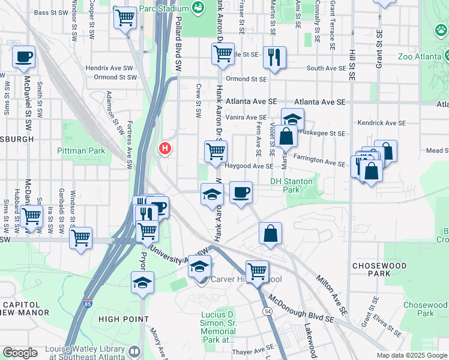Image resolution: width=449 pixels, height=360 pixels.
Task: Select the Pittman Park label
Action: click(81, 151)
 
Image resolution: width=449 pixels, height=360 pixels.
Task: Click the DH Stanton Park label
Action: click(292, 185)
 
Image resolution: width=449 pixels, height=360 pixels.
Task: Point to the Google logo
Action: click(20, 353)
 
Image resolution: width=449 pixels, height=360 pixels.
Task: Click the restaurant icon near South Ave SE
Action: click(274, 58)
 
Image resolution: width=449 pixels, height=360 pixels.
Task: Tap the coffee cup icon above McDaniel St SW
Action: click(24, 58)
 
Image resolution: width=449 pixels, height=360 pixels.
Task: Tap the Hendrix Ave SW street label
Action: click(112, 68)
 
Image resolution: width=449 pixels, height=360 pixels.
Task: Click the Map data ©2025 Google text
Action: click(412, 355)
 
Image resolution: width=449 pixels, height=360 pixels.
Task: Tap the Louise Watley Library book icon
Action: click(135, 352)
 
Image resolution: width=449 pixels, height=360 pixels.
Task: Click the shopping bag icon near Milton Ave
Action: click(270, 233)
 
